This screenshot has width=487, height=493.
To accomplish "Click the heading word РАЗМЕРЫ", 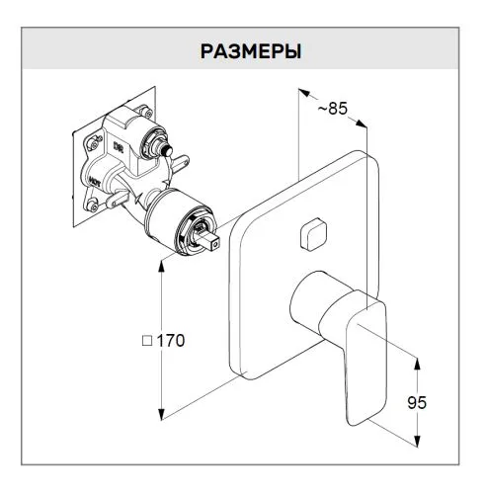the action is (x=251, y=51).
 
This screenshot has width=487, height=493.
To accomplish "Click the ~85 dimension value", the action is (x=333, y=109).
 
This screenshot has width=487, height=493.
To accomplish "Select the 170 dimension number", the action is (x=170, y=341).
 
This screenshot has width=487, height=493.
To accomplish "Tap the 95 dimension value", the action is (x=417, y=402).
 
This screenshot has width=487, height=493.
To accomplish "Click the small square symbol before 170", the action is (x=147, y=341).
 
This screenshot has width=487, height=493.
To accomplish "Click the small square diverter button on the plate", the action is (x=314, y=234).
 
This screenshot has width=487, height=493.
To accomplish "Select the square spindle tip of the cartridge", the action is (x=210, y=241).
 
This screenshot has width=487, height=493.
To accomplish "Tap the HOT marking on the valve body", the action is (x=95, y=182).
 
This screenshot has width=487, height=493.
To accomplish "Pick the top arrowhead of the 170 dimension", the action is (x=161, y=266).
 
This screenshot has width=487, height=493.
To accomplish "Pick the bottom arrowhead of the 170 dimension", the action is (x=161, y=414).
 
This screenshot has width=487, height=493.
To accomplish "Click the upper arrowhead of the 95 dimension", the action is (x=417, y=364).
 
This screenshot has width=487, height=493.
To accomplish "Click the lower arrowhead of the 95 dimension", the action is (x=417, y=441).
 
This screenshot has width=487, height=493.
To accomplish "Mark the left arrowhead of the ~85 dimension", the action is (x=304, y=93).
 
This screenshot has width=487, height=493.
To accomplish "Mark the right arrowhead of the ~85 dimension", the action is (x=362, y=123).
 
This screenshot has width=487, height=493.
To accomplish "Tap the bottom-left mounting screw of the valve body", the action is (x=93, y=205).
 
